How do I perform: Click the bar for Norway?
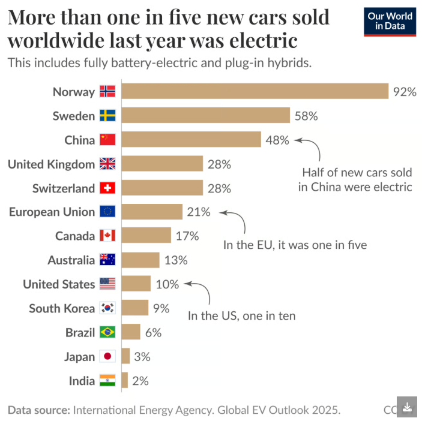coord(255,91)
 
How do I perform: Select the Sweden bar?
coord(206,115)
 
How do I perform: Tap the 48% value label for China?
coord(277,140)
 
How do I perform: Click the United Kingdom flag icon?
coord(107,164)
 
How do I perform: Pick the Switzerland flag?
coord(107,188)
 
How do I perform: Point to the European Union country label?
coord(52,212)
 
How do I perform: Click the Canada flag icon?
coord(107,236)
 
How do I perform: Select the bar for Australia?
coord(140,260)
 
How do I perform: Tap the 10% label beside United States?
coord(167,284)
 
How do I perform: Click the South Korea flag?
coord(107,308)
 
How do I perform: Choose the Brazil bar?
coord(131,332)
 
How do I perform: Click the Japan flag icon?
coord(107,356)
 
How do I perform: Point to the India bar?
coord(125,380)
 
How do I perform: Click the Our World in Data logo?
coord(390,22)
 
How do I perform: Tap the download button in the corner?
coord(407,407)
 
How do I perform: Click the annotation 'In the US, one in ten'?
coord(241,315)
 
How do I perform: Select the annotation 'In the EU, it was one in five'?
coord(295,245)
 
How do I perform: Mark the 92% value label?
coord(405,92)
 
